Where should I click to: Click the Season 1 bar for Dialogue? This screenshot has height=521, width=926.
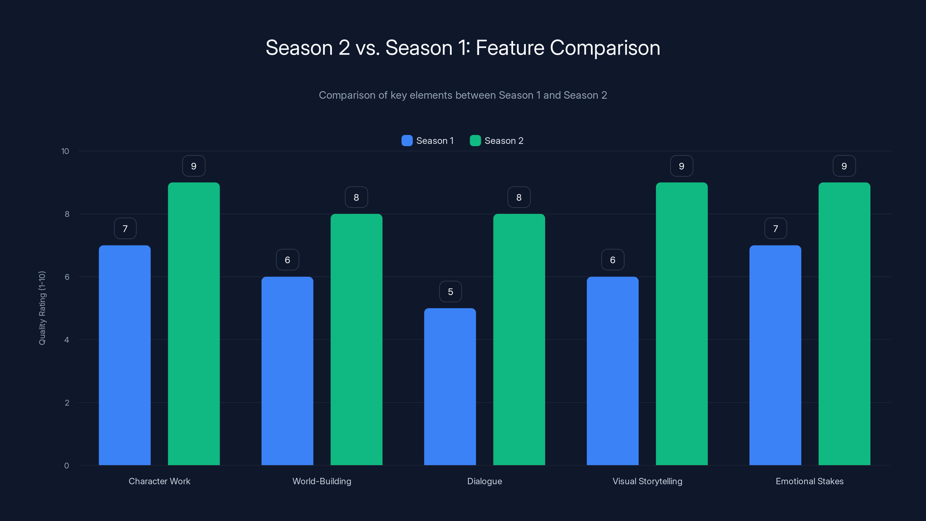click(450, 386)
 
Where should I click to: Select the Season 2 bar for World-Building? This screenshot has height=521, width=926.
click(356, 340)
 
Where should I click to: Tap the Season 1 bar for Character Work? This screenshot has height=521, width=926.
click(125, 355)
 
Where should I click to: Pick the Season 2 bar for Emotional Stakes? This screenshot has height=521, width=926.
click(844, 324)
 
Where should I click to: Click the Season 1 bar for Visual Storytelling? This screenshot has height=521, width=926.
click(613, 371)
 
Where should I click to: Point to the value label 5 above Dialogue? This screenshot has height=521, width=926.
click(451, 291)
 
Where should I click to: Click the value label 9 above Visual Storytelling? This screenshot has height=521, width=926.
click(681, 166)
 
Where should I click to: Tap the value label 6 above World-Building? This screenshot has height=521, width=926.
click(288, 260)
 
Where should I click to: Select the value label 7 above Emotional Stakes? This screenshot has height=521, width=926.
click(776, 229)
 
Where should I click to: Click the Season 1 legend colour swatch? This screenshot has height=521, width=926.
click(407, 141)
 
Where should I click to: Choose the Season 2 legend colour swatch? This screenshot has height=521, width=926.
click(475, 141)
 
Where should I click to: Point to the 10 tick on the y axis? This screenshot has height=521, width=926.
click(65, 151)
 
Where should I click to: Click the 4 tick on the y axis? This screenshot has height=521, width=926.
click(67, 340)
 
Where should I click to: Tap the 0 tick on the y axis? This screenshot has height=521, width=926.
click(67, 466)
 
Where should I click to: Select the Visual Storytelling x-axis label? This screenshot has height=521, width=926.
click(647, 481)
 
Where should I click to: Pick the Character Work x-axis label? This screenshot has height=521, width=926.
click(159, 481)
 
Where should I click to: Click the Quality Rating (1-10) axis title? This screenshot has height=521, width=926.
click(42, 308)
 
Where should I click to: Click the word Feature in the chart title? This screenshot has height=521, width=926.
click(510, 48)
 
